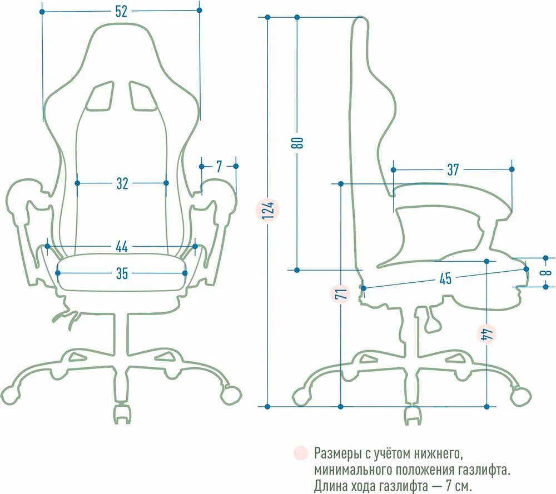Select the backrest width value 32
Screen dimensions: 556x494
(x=122, y=183)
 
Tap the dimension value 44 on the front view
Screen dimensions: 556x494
(x=122, y=246)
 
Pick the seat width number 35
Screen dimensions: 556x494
(x=122, y=273)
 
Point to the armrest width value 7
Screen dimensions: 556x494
(x=219, y=166)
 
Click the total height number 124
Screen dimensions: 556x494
(x=267, y=210)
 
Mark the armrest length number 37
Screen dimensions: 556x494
(x=453, y=169)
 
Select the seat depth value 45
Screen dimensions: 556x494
(x=445, y=278)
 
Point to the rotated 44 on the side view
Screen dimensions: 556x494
(x=487, y=334)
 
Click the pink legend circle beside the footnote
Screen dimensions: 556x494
(x=301, y=452)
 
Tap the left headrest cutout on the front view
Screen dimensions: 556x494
(x=101, y=96)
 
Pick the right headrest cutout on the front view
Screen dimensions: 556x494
(x=143, y=96)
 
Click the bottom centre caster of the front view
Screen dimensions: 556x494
(x=122, y=415)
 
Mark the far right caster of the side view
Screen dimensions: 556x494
(x=521, y=396)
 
